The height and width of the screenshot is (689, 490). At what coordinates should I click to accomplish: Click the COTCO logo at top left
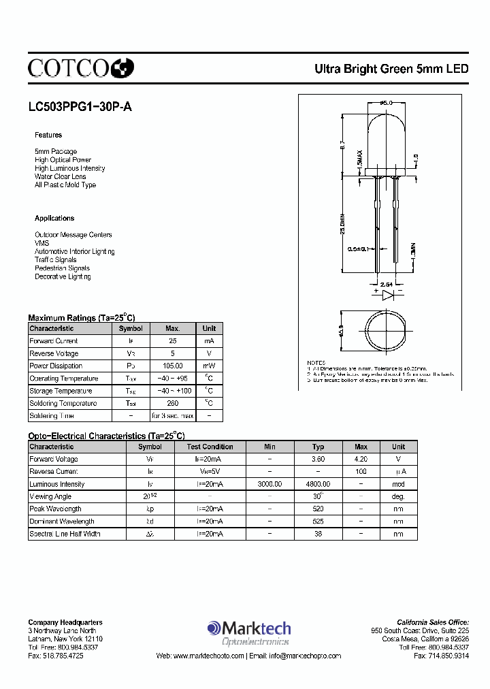[x=80, y=67]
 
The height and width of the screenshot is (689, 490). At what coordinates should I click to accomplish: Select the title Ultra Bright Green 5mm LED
[x=391, y=69]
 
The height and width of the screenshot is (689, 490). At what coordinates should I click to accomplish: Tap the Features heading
[x=48, y=135]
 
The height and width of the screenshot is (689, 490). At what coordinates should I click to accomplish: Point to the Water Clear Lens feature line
[x=61, y=176]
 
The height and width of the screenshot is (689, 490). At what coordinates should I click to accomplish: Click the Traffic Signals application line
[x=56, y=259]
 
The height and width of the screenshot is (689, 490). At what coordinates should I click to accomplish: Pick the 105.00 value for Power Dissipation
[x=172, y=366]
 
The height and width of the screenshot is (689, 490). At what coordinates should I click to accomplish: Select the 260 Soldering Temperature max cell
[x=172, y=403]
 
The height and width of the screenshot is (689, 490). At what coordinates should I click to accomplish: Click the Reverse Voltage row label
[x=54, y=353]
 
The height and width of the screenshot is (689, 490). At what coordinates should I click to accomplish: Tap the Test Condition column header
[x=210, y=447]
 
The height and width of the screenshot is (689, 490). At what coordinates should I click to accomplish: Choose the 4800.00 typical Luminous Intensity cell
[x=318, y=484]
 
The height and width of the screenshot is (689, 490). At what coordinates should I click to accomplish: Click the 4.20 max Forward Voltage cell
[x=361, y=459]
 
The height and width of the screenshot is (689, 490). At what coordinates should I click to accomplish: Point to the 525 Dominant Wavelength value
[x=318, y=522]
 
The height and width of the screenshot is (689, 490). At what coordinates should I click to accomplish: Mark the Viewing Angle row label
[x=50, y=496]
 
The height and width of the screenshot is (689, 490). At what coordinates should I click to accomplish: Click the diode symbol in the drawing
[x=387, y=295]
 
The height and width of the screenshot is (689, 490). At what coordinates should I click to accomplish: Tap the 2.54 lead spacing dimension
[x=386, y=283]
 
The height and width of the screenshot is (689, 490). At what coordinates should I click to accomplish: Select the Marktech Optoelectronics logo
[x=249, y=632]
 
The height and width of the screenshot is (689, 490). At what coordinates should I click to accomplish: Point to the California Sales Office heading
[x=433, y=622]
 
